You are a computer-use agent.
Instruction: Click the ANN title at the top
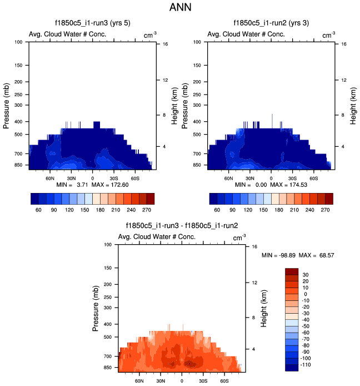[x=180, y=8]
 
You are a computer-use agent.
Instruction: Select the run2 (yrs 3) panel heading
[x=271, y=23]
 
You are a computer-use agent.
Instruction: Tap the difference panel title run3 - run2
[x=182, y=226]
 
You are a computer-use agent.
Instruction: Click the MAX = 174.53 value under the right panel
[x=288, y=184]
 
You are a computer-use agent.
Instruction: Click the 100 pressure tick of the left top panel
[x=18, y=42]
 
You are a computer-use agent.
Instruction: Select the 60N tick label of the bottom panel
[x=140, y=382]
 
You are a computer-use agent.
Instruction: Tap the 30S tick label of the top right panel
[x=293, y=179]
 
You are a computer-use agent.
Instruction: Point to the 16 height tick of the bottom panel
[x=254, y=246]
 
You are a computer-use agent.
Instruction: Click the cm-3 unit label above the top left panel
[x=149, y=35]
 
